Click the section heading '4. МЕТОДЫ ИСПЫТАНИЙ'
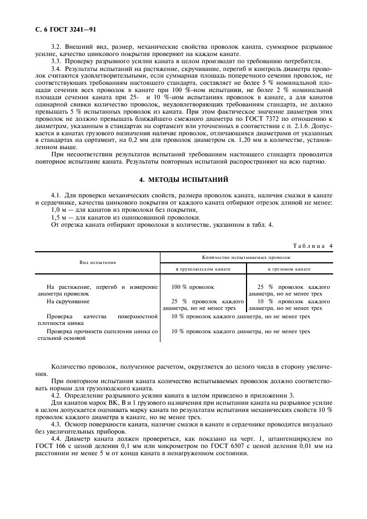click(183, 180)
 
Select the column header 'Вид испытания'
click(97, 262)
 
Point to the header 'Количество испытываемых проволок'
click(247, 258)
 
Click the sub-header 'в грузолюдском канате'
click(203, 268)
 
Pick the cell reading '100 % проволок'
click(193, 287)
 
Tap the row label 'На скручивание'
click(66, 301)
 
